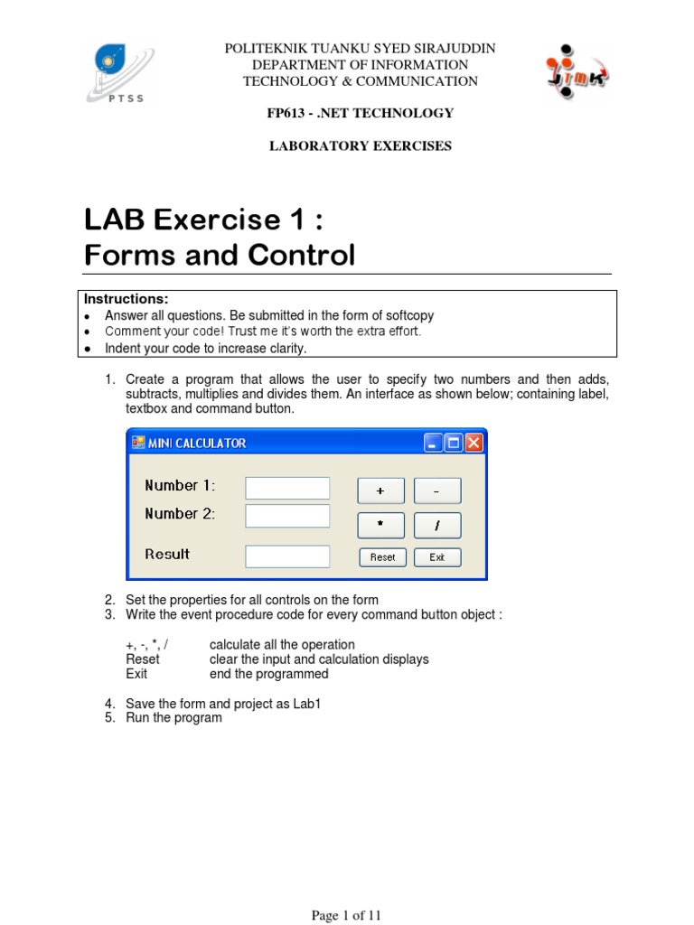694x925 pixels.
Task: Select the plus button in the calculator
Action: point(380,491)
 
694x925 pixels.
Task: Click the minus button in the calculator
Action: point(437,491)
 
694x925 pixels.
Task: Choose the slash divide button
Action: point(437,526)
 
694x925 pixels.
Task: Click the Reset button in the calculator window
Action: point(382,557)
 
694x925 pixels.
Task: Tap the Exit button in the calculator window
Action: point(437,557)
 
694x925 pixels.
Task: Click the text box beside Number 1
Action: point(287,488)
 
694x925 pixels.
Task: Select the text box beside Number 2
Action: point(287,516)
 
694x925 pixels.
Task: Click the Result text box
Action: point(287,556)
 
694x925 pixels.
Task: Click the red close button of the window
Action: point(474,443)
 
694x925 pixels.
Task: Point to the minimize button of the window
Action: point(434,443)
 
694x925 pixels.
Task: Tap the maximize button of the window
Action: point(454,443)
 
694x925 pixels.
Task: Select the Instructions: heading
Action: point(127,299)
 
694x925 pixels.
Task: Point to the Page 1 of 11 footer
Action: point(347,916)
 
